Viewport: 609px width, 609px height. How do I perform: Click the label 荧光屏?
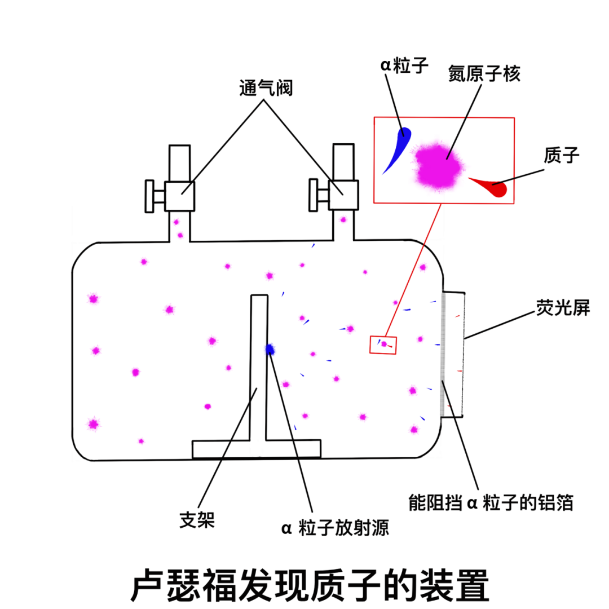[x=562, y=308]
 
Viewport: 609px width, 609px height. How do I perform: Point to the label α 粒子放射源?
[x=335, y=529]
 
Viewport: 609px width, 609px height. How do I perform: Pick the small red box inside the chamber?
[x=383, y=345]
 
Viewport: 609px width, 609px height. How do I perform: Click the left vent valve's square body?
[x=180, y=196]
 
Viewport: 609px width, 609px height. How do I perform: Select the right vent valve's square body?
[x=343, y=195]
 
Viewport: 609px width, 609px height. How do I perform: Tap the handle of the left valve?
[x=150, y=196]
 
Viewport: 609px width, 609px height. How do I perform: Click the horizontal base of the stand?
[x=257, y=449]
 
